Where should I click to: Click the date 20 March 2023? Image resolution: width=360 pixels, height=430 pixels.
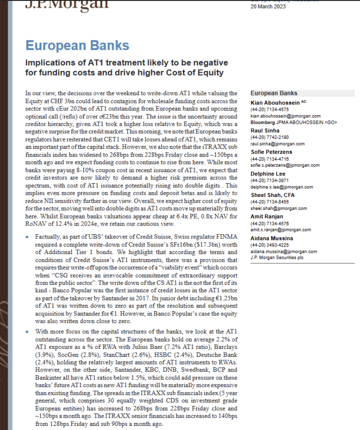268,6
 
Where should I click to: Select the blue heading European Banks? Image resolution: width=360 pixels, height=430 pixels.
77,46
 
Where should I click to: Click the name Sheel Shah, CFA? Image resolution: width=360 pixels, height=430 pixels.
273,195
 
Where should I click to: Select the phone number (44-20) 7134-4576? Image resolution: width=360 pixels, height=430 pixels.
270,223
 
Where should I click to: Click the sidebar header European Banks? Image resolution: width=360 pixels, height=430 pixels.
274,93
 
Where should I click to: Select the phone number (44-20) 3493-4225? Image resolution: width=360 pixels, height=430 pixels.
270,245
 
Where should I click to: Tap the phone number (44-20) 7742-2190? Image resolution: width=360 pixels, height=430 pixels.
270,138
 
